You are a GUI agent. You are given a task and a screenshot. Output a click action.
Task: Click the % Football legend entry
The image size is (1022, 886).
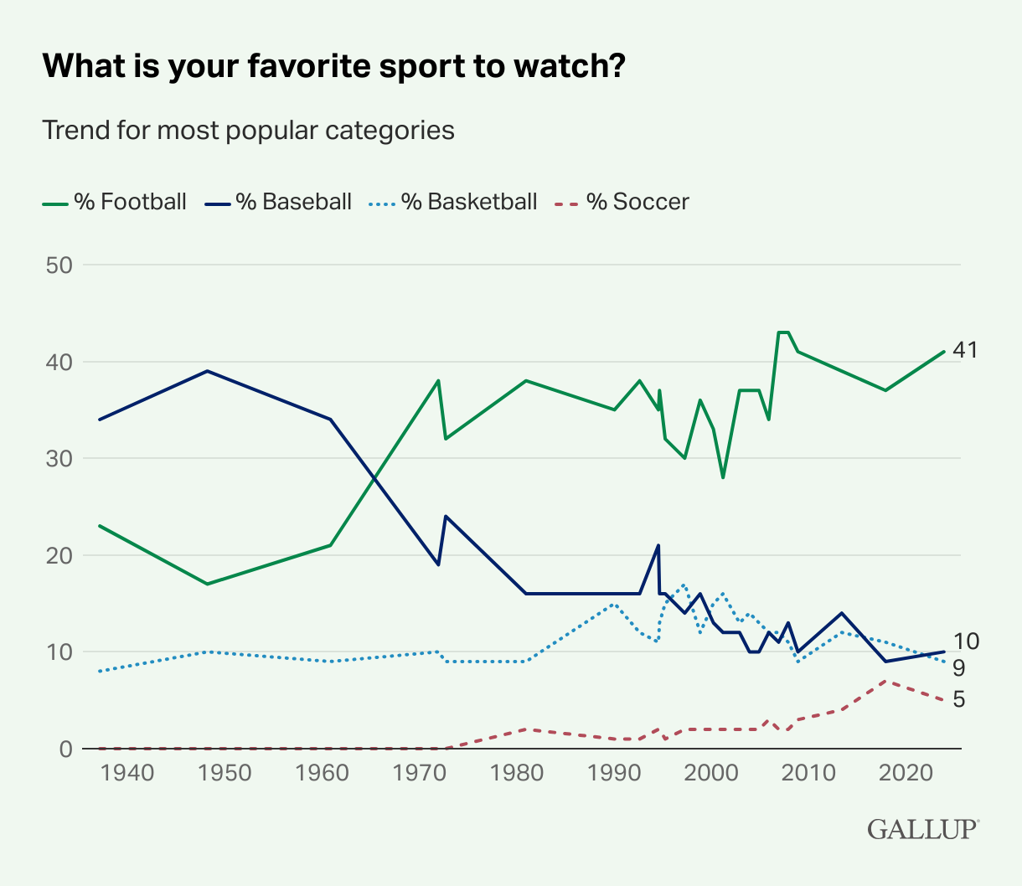point(114,202)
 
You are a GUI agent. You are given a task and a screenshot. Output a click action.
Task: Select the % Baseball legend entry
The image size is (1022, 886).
point(278,202)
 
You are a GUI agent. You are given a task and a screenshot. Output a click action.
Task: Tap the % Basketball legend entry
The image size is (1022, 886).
point(453,202)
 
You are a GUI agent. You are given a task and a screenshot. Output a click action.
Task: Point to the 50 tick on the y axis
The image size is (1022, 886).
point(59,265)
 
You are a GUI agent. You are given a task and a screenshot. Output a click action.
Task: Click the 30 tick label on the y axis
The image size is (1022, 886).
point(59,459)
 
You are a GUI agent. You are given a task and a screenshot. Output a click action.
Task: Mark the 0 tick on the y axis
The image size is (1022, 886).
point(66,749)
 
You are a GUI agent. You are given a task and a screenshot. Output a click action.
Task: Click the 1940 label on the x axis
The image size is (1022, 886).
point(127,773)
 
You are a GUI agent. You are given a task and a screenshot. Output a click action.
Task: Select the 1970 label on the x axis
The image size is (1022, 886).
point(419,773)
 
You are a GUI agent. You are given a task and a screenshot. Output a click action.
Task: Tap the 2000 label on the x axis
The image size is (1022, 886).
point(710,773)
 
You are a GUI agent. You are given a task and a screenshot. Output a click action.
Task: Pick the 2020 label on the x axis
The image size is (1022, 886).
point(906,773)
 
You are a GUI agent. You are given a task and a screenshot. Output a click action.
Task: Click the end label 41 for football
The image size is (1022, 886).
point(965,350)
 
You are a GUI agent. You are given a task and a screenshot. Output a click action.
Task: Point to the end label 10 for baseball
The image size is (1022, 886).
point(966,641)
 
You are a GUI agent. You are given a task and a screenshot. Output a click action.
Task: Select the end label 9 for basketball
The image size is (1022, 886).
point(958,668)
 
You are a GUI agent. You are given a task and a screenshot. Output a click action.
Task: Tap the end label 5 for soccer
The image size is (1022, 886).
point(958,699)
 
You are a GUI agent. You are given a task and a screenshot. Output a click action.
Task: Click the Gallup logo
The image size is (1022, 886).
point(923,829)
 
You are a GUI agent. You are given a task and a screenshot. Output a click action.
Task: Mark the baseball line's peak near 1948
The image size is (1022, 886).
point(208,371)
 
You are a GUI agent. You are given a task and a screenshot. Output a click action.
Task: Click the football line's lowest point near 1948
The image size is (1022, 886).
point(208,584)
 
